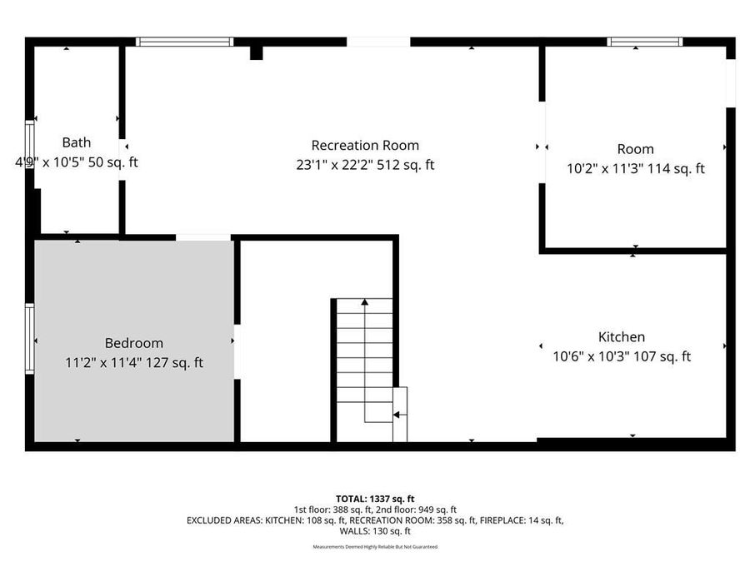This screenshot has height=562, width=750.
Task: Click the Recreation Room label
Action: tap(365, 145)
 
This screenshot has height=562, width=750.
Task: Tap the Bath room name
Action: tap(77, 142)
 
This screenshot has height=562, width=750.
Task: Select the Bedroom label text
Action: tap(133, 343)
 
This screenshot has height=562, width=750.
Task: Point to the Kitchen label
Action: tap(622, 337)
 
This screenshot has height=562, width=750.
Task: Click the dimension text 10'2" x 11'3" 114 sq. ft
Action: tap(635, 168)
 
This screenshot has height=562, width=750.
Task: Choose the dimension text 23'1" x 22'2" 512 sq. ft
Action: tap(365, 165)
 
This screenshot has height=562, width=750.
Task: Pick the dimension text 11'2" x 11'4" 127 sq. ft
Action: tap(133, 363)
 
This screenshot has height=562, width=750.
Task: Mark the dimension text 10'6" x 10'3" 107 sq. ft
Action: tap(622, 357)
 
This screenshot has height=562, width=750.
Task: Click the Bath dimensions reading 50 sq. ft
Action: tap(77, 162)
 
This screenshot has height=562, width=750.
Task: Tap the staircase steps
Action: tap(363, 350)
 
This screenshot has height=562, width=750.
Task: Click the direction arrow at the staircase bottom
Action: tap(400, 414)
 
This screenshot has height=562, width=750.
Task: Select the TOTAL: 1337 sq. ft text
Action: tap(375, 499)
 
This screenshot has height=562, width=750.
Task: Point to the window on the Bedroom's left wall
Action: tap(30, 339)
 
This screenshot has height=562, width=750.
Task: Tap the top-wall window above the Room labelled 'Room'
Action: tap(644, 42)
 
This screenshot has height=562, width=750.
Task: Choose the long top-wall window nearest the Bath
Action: tap(184, 42)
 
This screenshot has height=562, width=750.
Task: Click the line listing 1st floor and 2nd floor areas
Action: tap(375, 510)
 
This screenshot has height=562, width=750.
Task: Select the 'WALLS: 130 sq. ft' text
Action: tap(375, 531)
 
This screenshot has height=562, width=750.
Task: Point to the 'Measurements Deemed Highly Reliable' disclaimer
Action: tap(375, 547)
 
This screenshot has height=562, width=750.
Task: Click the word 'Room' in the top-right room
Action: tap(635, 149)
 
